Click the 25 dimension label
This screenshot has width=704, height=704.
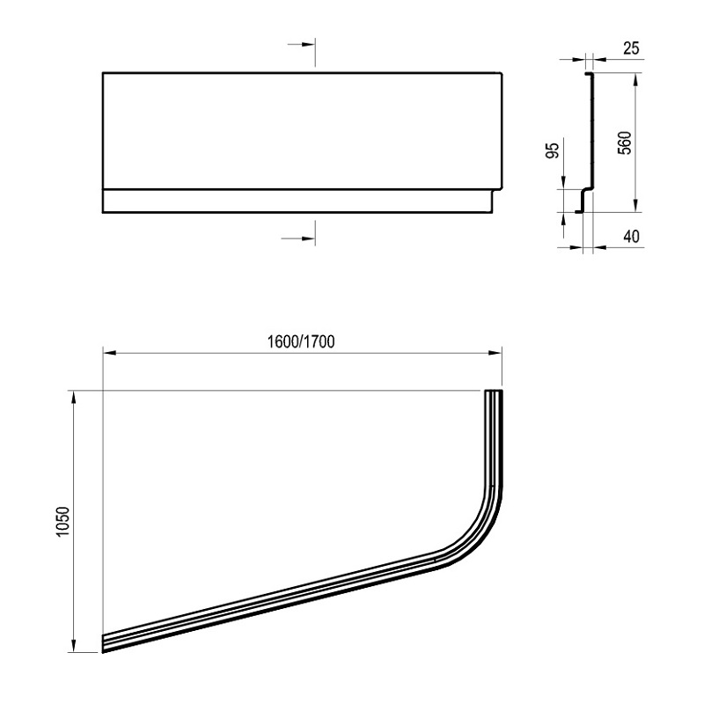tap(631, 48)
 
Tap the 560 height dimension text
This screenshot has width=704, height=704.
tap(625, 143)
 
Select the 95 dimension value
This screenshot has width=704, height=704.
tap(554, 150)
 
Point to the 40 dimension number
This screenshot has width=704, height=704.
tap(631, 236)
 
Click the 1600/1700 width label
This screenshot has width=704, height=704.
tap(301, 342)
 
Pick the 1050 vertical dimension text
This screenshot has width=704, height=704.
tap(62, 521)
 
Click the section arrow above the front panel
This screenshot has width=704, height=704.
tap(301, 45)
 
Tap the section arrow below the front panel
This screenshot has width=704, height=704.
tap(298, 238)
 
